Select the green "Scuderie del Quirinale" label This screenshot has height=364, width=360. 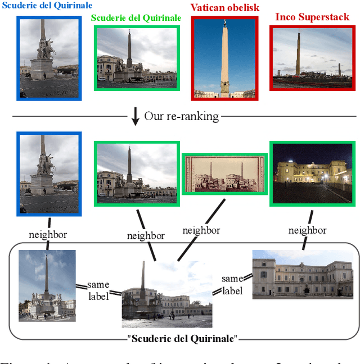136,18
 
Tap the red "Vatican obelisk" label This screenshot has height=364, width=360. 225,8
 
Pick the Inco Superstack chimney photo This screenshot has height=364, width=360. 312,58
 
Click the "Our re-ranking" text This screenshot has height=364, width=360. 181,117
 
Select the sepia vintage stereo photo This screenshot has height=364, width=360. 224,172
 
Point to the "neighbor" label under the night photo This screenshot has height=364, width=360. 307,230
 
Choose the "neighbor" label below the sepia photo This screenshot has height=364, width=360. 201,230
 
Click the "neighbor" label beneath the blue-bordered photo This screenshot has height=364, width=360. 47,235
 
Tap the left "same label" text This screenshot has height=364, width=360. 98,290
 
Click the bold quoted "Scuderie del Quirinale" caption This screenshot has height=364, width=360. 183,339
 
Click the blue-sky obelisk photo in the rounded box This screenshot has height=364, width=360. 47,285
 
